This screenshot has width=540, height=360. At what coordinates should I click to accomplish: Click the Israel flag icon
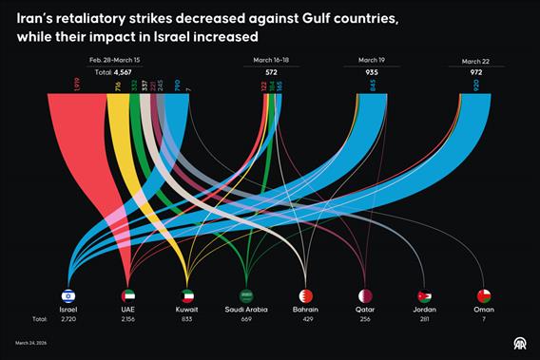tap(67, 295)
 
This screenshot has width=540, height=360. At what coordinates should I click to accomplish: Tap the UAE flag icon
tap(127, 295)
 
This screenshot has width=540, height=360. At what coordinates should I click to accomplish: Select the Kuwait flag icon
tap(187, 295)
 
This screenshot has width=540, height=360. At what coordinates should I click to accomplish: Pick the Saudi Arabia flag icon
tap(246, 295)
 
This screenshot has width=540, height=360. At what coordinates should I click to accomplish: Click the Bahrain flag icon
tap(305, 295)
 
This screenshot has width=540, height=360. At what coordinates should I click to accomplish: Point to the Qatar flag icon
tap(365, 295)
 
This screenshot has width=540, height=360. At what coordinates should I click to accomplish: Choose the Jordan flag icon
tap(424, 295)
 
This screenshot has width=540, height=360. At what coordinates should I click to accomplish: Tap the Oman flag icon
tap(484, 295)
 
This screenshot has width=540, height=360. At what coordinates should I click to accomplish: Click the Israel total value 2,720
tap(67, 319)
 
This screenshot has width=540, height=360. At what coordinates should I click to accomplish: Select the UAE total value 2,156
tap(127, 319)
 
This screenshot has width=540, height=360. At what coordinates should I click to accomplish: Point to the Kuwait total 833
tap(187, 319)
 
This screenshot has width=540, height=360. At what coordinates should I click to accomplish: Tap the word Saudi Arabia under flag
tap(246, 310)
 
